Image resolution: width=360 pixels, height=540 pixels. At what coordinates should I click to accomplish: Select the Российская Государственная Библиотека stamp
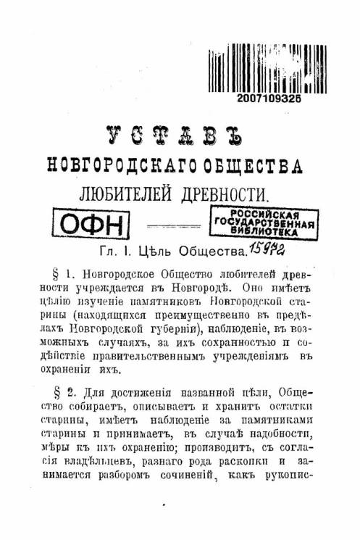click(x=263, y=224)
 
